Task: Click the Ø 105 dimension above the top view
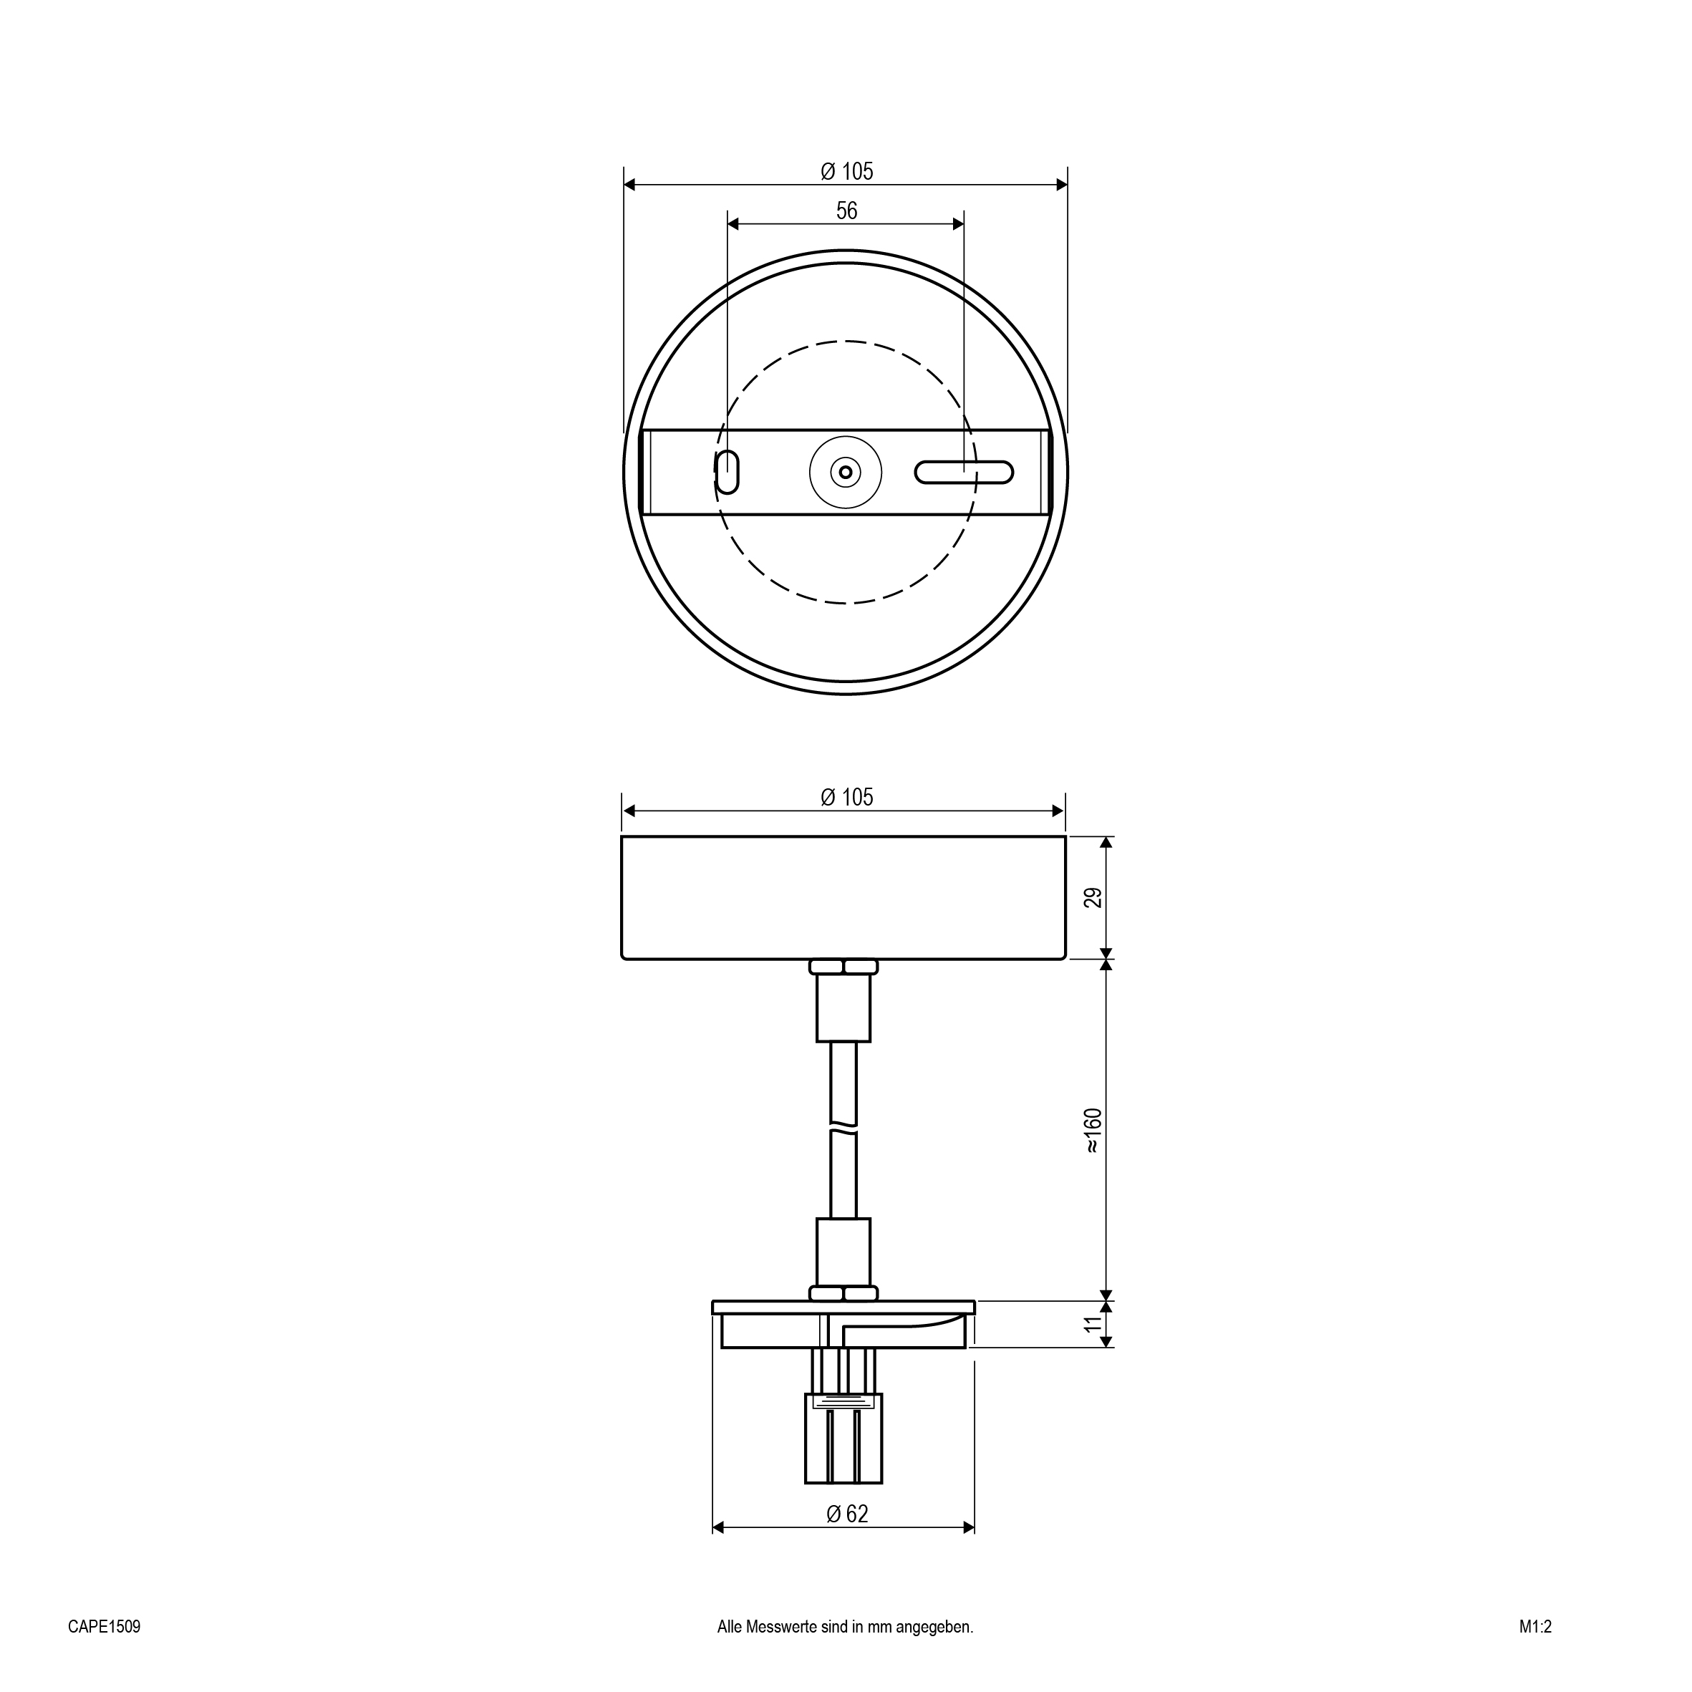click(846, 172)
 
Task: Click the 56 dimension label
click(846, 211)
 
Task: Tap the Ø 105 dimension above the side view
click(846, 797)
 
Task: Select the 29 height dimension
click(1093, 898)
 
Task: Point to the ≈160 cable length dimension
click(1093, 1131)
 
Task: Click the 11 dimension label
click(1093, 1323)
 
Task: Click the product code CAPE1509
click(105, 1626)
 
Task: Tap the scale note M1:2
click(1535, 1626)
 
